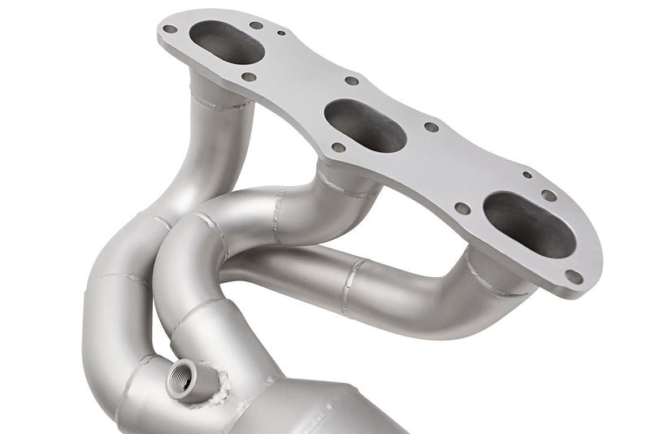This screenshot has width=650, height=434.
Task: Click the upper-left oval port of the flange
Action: [227, 42]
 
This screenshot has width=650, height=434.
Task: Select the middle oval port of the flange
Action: [365, 126]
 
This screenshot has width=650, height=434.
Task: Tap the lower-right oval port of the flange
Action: [529, 224]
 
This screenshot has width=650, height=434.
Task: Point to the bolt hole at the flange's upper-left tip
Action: [170, 29]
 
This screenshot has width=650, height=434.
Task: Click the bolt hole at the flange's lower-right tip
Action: [574, 276]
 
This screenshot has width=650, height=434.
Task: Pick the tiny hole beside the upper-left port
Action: [281, 34]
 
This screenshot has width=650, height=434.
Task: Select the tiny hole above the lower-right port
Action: [527, 175]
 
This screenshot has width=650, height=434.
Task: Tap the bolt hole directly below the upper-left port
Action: [249, 77]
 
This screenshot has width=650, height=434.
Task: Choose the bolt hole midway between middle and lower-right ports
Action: [431, 127]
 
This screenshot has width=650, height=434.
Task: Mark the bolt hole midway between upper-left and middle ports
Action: [352, 80]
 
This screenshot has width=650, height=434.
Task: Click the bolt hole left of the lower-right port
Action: [461, 208]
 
